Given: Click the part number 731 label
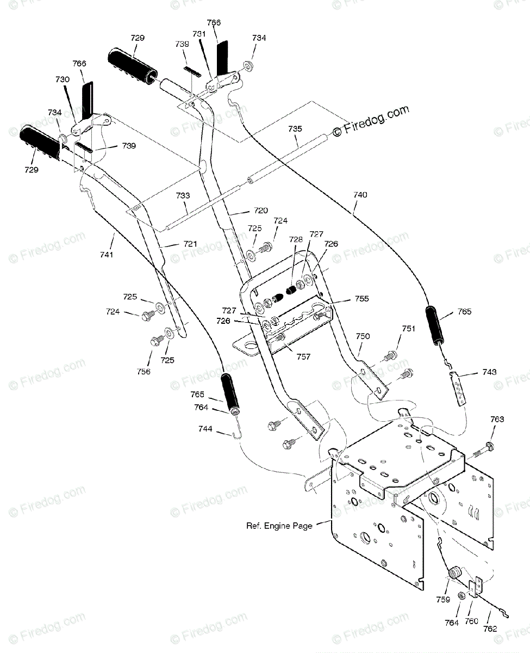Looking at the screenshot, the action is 199,34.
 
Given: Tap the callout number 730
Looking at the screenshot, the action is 63,79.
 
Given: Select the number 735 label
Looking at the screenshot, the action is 295,129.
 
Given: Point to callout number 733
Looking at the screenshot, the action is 183,195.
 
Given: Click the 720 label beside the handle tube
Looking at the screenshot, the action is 261,210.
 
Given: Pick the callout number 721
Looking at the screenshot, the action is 190,244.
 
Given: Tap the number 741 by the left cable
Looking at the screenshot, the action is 107,255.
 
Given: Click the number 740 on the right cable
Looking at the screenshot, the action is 360,195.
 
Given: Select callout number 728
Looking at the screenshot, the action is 296,239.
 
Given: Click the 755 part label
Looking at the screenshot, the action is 362,299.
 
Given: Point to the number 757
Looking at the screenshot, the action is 303,356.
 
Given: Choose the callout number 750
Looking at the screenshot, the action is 363,336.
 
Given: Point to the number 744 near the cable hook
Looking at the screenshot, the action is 205,429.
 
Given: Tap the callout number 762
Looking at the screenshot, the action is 490,629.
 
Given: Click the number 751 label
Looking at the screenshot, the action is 408,329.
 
